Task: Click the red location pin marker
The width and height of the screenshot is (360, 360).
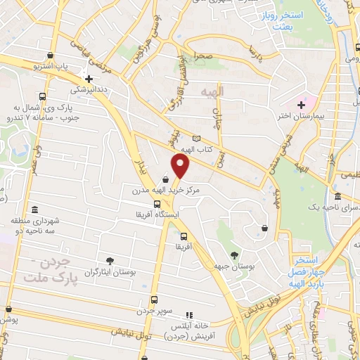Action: [x=181, y=167]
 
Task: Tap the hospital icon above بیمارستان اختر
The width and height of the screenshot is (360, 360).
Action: [x=301, y=105]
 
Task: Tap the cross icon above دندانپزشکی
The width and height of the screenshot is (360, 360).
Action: [x=89, y=78]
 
